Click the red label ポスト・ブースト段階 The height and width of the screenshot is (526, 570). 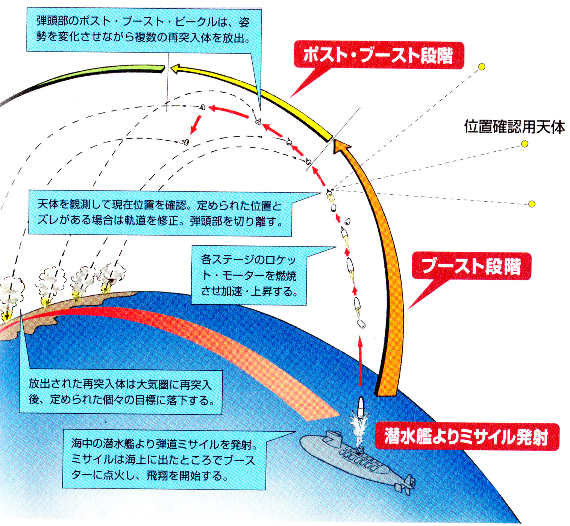tap(378, 55)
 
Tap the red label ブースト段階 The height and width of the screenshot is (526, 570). tap(471, 266)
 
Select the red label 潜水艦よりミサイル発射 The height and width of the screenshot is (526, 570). tap(466, 437)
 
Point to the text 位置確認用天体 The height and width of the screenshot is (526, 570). tap(514, 127)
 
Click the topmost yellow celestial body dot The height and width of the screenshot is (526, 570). tap(482, 67)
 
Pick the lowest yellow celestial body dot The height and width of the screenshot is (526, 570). tap(532, 204)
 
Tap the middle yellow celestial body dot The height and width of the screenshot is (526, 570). tap(525, 144)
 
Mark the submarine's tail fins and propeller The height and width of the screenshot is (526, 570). tap(406, 485)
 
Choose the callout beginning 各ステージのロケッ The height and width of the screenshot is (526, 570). tap(249, 275)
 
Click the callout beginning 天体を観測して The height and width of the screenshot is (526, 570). tap(160, 213)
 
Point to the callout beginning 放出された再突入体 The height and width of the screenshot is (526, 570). tap(120, 392)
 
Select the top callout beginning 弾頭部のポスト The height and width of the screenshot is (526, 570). tap(144, 30)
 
